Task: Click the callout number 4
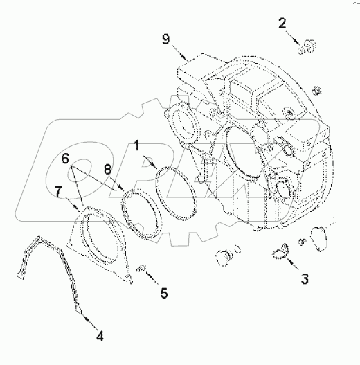coord(100,337)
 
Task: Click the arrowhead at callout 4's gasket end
coord(84,313)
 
